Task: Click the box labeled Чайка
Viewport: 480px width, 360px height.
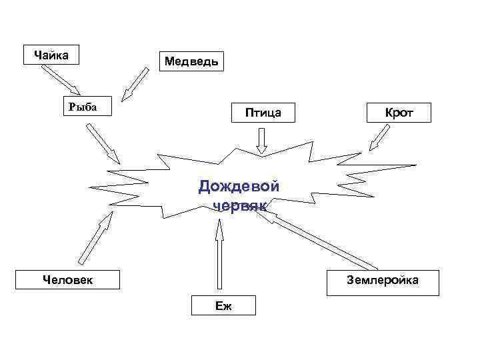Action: click(x=50, y=55)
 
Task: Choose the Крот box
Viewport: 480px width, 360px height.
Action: click(x=399, y=113)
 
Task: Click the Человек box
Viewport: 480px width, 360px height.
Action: click(x=68, y=279)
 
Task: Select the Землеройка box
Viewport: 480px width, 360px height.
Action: click(x=383, y=281)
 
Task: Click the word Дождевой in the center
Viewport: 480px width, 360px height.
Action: click(x=239, y=186)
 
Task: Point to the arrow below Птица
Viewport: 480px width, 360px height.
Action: click(x=262, y=141)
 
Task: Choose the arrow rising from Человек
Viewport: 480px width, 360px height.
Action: click(x=93, y=239)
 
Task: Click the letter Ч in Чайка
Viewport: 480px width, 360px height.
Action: click(x=29, y=55)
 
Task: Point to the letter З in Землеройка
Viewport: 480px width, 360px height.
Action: click(x=350, y=281)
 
